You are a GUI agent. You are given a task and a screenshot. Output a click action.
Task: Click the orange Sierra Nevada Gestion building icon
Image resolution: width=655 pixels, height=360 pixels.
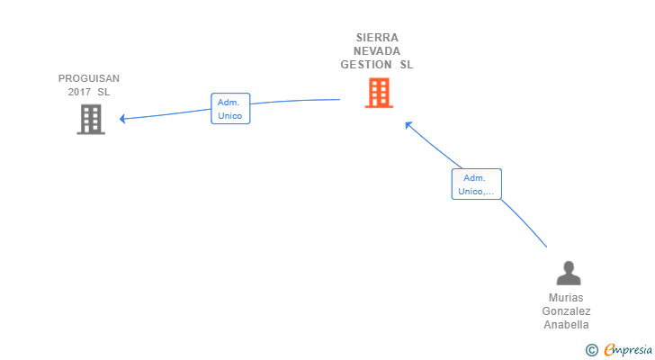point(379,93)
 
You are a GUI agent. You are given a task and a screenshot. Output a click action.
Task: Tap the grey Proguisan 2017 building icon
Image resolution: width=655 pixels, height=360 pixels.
point(91,119)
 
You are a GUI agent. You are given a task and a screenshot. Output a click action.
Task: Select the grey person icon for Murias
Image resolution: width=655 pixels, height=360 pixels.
point(568,273)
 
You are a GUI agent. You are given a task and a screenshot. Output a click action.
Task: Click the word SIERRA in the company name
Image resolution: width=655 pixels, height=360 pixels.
point(377,38)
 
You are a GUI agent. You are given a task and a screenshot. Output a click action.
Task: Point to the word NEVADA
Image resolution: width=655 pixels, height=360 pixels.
point(377,51)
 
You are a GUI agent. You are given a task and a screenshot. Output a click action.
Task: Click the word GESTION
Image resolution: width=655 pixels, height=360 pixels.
point(366,65)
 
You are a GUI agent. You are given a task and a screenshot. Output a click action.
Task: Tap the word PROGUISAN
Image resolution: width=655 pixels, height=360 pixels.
point(89,78)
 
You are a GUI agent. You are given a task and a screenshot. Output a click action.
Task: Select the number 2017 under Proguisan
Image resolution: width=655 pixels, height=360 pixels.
point(79,92)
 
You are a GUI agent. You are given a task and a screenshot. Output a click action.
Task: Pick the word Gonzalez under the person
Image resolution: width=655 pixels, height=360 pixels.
point(567,311)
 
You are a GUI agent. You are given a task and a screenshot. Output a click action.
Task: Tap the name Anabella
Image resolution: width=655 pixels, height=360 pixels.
point(567,325)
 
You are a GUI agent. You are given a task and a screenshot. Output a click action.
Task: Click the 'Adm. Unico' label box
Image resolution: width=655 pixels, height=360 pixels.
point(229,109)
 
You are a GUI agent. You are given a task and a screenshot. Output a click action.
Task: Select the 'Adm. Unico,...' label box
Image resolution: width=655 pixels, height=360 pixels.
point(476,184)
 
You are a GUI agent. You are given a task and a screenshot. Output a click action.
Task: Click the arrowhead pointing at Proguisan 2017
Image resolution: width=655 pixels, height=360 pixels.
point(123,119)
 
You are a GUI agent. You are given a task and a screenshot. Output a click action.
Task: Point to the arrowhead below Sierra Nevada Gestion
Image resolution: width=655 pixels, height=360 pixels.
point(408,125)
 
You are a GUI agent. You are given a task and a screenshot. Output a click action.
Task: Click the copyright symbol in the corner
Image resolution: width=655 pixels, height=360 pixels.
point(591,349)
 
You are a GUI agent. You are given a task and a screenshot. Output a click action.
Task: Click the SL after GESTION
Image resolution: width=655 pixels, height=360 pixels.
point(407,65)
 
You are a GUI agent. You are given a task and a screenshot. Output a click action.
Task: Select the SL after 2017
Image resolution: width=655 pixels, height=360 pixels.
point(104,92)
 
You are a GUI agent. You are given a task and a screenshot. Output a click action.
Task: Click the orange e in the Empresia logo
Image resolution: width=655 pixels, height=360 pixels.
point(609,349)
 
